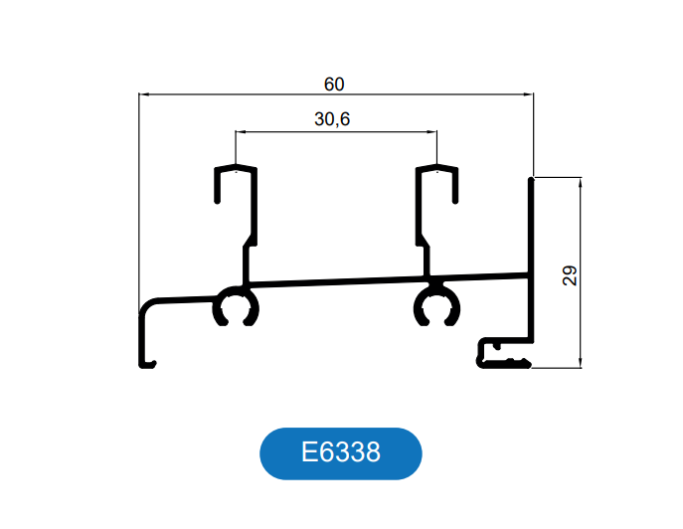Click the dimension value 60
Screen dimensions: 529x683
click(334, 84)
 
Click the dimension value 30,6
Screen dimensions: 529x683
click(332, 120)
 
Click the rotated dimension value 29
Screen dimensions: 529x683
click(569, 275)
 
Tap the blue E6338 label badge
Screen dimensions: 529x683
click(341, 453)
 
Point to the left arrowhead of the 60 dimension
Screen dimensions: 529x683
click(142, 95)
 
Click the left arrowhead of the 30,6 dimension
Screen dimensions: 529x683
click(240, 131)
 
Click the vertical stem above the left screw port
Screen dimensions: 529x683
click(246, 264)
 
